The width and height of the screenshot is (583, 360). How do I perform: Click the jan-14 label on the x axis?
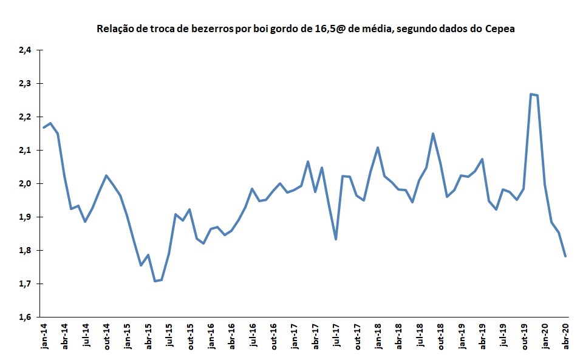pos(44,336)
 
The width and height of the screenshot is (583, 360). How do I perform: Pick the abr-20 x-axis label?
pos(566,336)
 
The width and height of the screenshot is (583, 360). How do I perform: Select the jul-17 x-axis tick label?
pos(336,336)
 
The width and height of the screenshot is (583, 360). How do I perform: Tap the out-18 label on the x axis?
pos(440,336)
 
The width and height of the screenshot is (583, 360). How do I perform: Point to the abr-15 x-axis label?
pos(148,336)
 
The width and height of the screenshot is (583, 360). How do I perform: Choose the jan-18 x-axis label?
pos(378,336)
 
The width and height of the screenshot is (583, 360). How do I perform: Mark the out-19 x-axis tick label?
pos(524,336)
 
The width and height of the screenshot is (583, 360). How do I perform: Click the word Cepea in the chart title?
pos(500,29)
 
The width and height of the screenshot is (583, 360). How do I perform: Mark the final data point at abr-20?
pos(566,256)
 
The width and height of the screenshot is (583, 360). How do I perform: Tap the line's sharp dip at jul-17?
pos(336,239)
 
